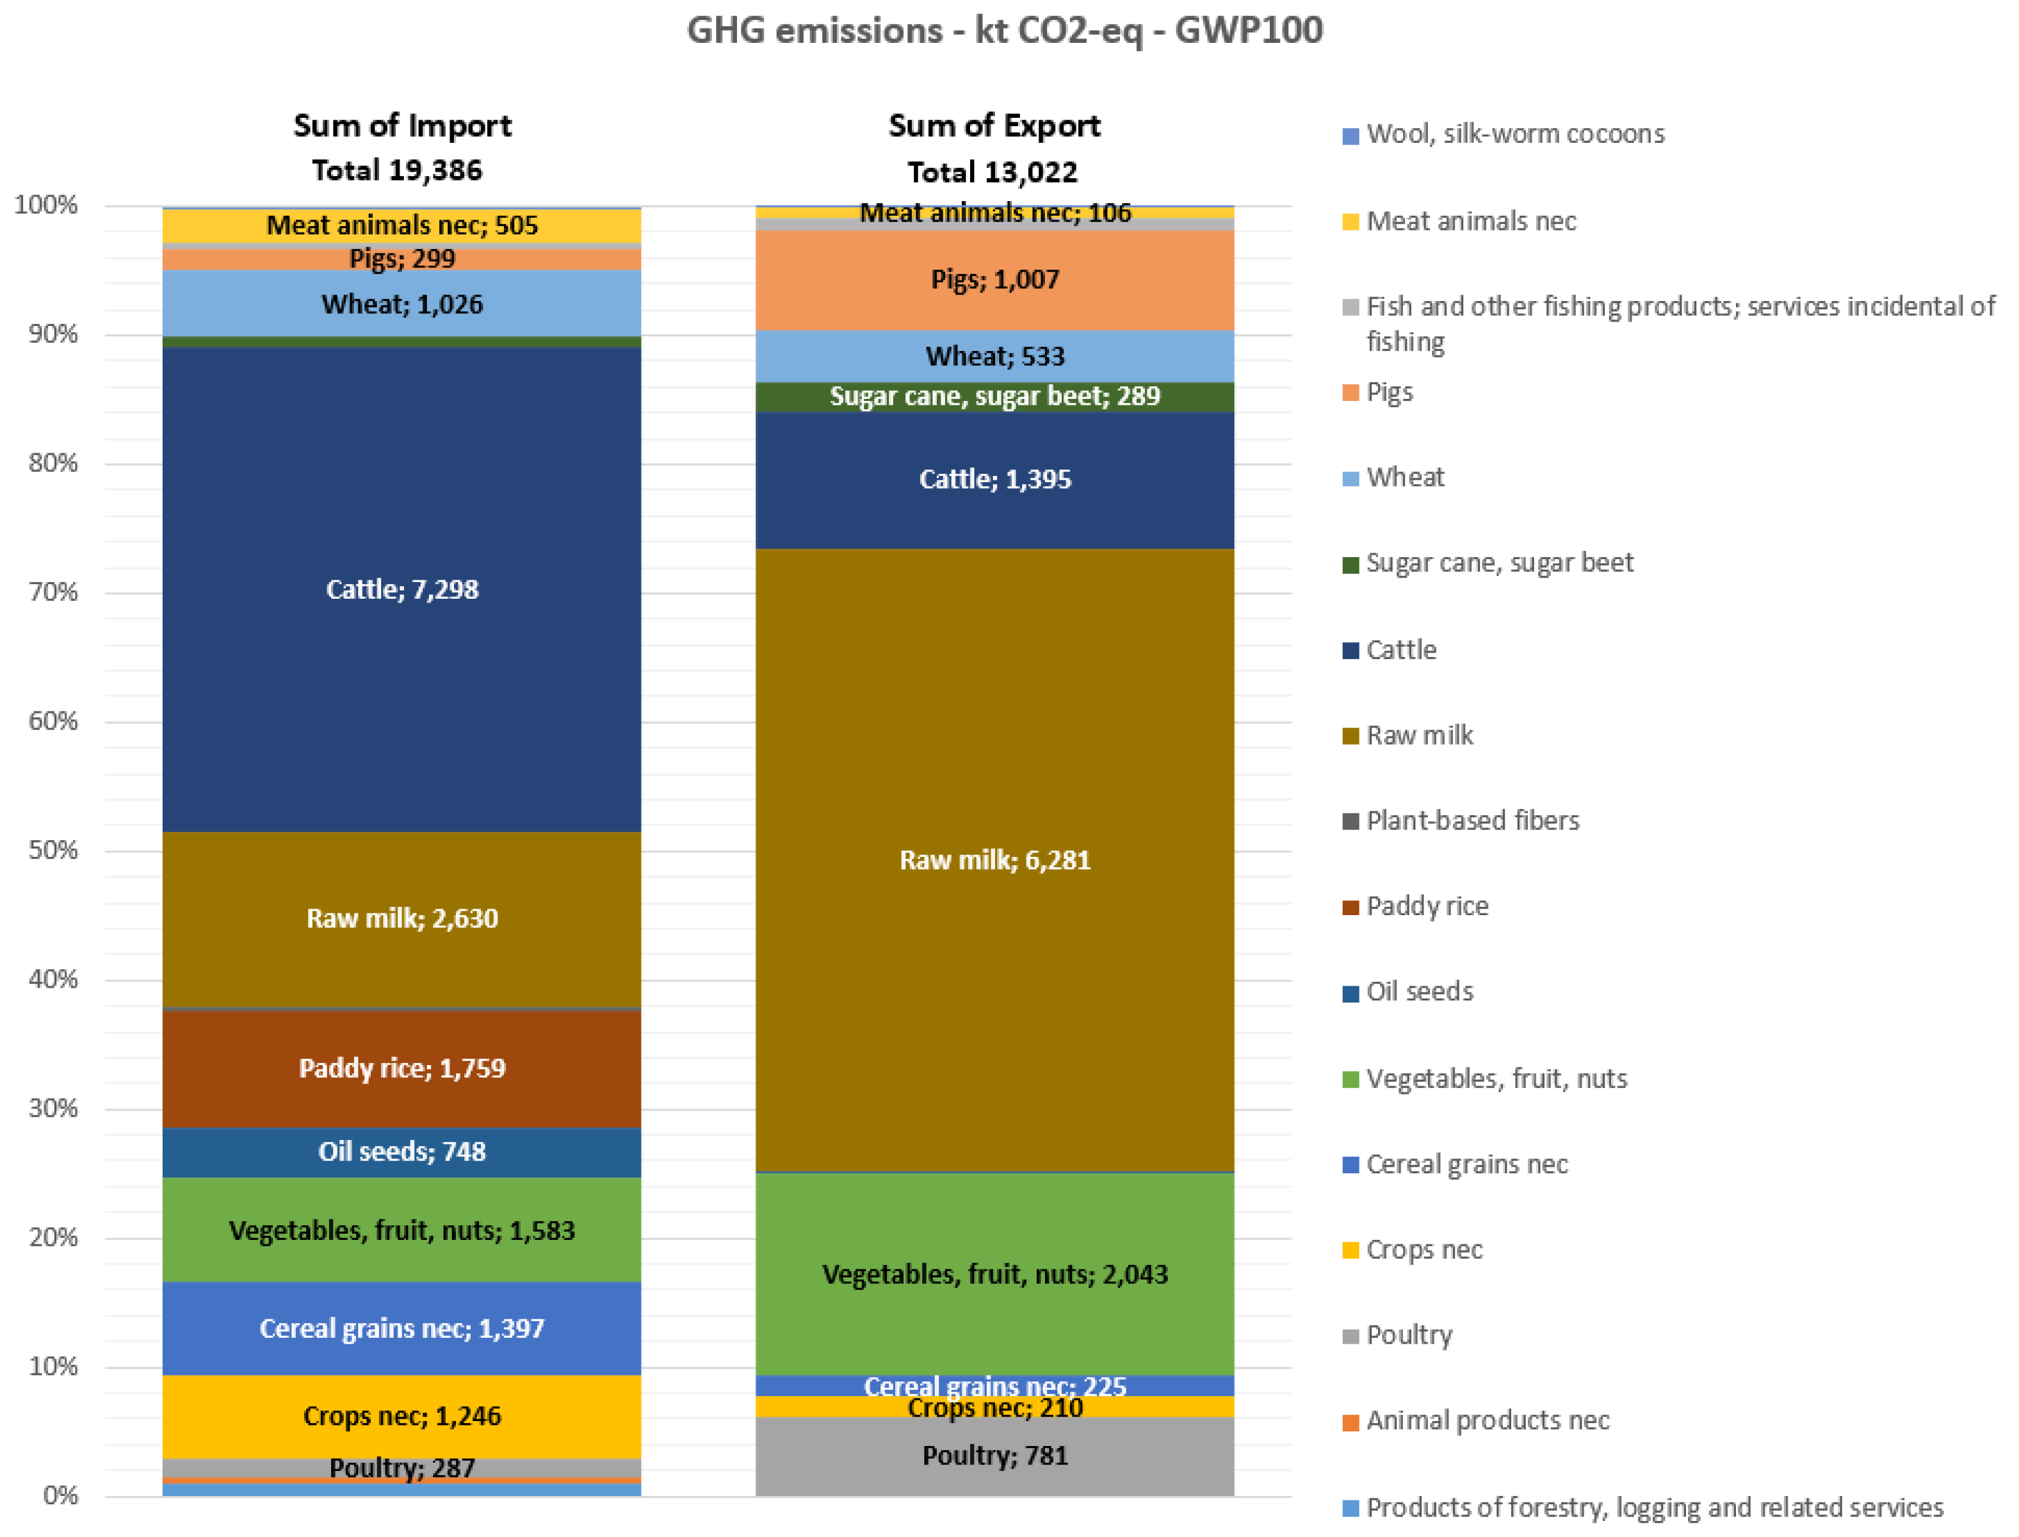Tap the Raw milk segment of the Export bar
(x=994, y=915)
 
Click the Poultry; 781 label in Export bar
(x=994, y=1454)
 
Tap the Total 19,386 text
(x=396, y=170)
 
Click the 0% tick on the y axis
(x=60, y=1495)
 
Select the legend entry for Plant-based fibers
(x=1472, y=820)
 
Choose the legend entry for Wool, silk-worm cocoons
(x=1514, y=134)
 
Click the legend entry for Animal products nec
(x=1487, y=1420)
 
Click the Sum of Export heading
(x=993, y=126)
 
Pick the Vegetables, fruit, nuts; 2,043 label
(x=994, y=1274)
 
